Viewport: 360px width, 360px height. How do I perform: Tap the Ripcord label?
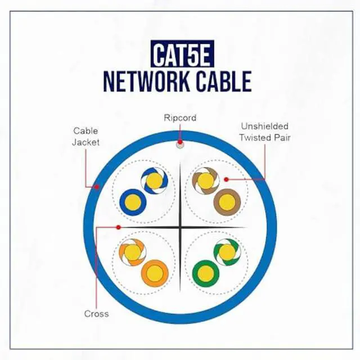(x=179, y=118)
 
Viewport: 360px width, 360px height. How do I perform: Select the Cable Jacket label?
(x=85, y=137)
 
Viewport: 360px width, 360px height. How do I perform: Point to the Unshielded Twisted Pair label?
(x=264, y=132)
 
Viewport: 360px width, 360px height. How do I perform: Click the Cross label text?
(x=96, y=314)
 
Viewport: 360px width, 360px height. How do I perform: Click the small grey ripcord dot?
(x=180, y=145)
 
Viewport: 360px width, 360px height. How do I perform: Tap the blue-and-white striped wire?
(x=154, y=180)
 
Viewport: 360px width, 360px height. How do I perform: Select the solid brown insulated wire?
(x=228, y=201)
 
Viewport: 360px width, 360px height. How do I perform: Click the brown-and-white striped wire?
(x=206, y=180)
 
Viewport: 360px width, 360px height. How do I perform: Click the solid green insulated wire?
(x=206, y=274)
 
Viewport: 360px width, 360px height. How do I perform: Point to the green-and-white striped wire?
(x=227, y=253)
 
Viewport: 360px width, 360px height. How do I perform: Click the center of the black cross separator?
(x=180, y=227)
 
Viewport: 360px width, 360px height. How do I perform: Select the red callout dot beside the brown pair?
(x=226, y=179)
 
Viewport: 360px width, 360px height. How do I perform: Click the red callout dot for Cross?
(x=118, y=227)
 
